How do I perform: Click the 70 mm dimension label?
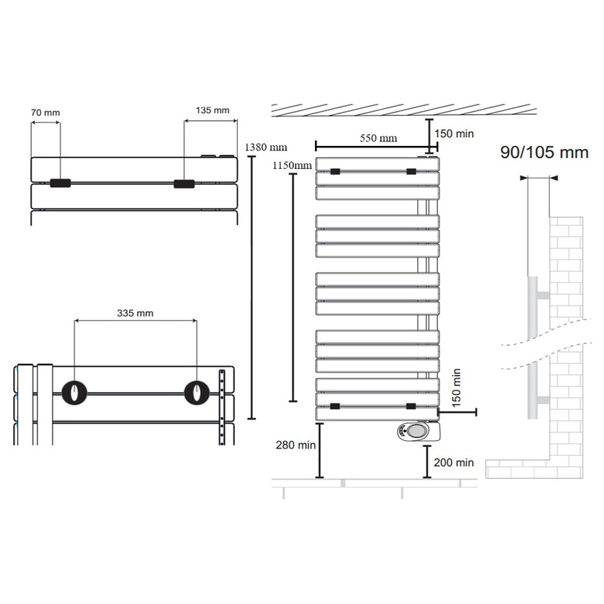pyautogui.click(x=45, y=113)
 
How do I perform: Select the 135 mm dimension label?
pyautogui.click(x=212, y=110)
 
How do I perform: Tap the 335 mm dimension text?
pyautogui.click(x=135, y=313)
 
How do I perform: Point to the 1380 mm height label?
pyautogui.click(x=266, y=147)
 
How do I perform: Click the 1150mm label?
pyautogui.click(x=292, y=165)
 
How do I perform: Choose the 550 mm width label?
pyautogui.click(x=378, y=138)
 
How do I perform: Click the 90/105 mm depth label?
pyautogui.click(x=544, y=153)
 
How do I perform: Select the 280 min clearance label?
pyautogui.click(x=296, y=445)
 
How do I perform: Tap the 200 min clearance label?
pyautogui.click(x=454, y=462)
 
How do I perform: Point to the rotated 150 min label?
pyautogui.click(x=456, y=388)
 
